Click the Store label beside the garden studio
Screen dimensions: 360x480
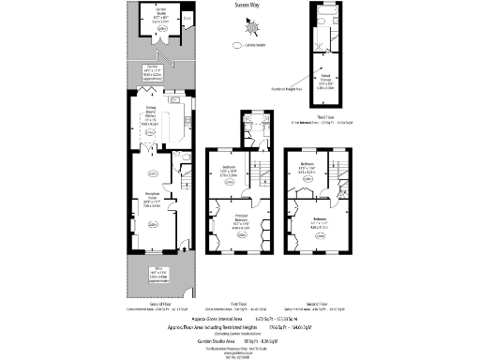(x=187, y=17)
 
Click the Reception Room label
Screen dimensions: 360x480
(x=151, y=197)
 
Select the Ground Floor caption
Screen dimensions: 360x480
(x=151, y=306)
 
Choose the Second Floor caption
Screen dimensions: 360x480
(x=323, y=306)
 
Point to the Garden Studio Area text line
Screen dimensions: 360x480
(x=246, y=339)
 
